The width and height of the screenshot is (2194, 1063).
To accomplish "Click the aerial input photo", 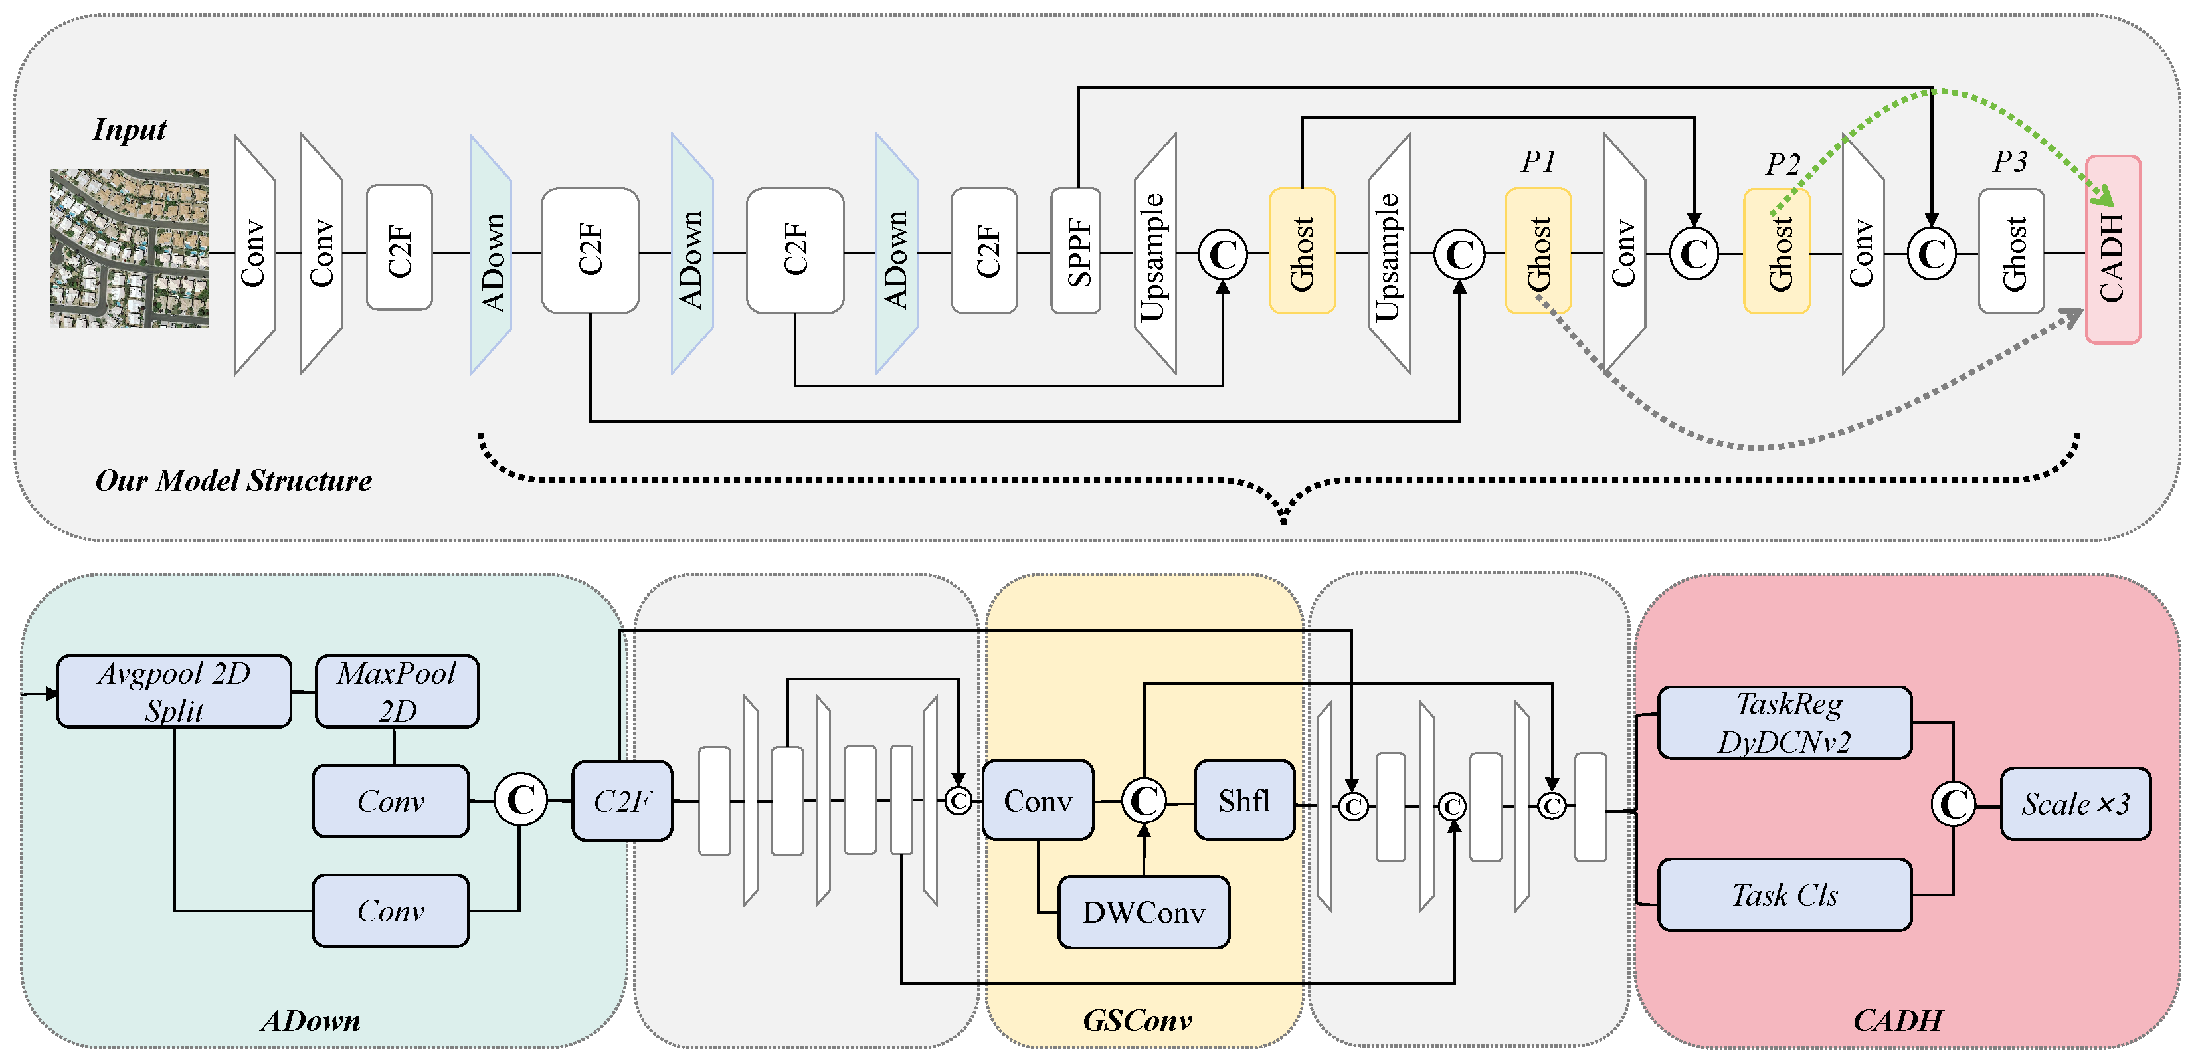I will pos(129,248).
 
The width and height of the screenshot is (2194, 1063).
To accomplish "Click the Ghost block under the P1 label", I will pos(1537,251).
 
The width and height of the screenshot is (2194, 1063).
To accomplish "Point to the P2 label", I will pos(1783,163).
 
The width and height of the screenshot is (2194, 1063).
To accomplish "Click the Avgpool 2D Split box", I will pos(174,692).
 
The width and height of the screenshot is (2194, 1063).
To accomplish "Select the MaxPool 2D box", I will pos(397,692).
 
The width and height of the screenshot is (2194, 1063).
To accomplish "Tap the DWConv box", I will pos(1143,912).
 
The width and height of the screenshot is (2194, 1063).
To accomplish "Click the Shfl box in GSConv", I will pos(1243,801).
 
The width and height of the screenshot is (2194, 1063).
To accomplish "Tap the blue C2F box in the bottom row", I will pos(622,801).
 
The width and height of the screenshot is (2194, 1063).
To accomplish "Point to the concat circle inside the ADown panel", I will pos(520,800).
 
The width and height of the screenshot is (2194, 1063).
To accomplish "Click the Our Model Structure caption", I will pos(233,480).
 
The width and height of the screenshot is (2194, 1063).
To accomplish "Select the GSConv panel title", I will pos(1137,1020).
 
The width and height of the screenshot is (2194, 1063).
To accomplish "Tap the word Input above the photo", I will pos(130,130).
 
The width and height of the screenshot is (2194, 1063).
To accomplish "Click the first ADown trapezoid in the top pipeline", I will pos(492,254).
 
